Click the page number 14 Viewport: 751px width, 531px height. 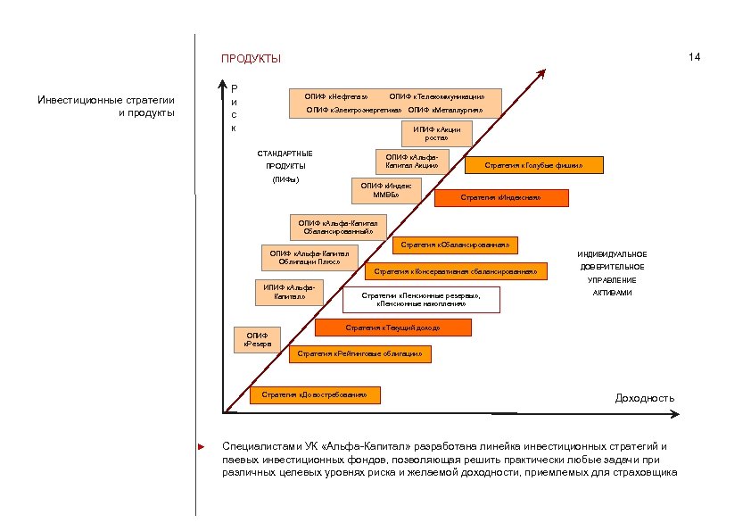tap(694, 57)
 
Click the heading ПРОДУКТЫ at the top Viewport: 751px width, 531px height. tap(251, 59)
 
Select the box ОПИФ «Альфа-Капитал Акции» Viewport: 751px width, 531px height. tap(411, 162)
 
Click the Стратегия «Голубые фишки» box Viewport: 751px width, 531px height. tap(533, 165)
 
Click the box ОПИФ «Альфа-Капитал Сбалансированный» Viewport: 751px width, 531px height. tap(338, 228)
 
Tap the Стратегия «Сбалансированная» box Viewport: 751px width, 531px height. tap(455, 245)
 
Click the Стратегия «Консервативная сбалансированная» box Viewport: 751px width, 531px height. tap(456, 271)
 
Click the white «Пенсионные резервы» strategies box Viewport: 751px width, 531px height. tap(421, 300)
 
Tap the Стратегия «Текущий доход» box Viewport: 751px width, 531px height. tap(392, 328)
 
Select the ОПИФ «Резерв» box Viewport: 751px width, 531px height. tap(257, 339)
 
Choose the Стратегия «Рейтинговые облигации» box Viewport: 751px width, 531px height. tap(359, 355)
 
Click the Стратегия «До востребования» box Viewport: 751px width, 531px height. tap(315, 394)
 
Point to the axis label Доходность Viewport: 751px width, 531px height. tap(645, 398)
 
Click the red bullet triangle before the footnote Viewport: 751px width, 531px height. tap(202, 445)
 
